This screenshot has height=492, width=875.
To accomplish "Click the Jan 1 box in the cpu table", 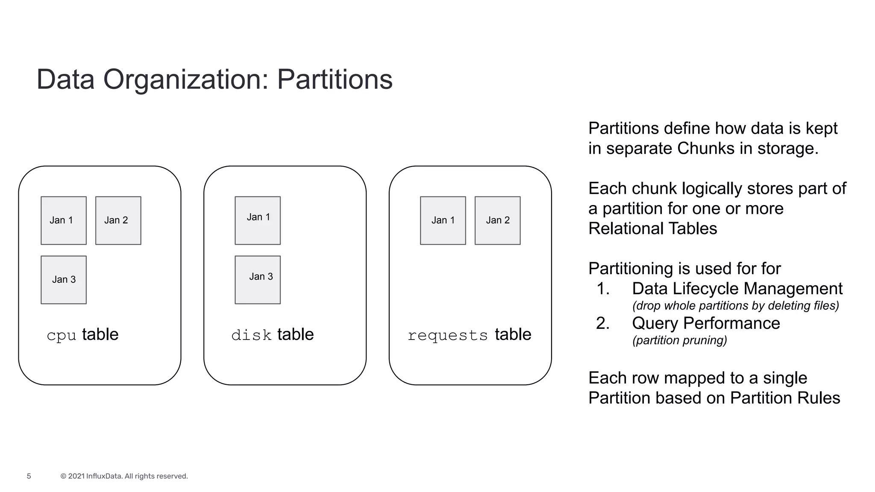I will coord(63,220).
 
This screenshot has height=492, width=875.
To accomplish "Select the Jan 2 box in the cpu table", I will coord(118,220).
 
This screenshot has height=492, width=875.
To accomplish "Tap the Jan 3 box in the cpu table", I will coord(63,280).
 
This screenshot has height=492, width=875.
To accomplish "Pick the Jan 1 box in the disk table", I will coord(258,220).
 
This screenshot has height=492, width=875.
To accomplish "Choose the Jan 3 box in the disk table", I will coord(258,280).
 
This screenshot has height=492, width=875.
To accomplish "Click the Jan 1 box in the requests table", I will coord(443,220).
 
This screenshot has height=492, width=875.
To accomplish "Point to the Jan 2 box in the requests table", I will coord(497,220).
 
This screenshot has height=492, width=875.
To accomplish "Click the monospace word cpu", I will coord(61,336).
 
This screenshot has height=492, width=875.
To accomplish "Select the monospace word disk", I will coord(251,335).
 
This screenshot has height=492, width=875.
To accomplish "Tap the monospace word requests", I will coord(447,336).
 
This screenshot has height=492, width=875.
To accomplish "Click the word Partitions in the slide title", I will coord(335,79).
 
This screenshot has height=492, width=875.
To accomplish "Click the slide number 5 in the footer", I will coord(29,476).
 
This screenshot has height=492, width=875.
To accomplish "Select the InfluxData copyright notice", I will coord(124,476).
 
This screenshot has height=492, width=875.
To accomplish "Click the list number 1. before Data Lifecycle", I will coord(603,289).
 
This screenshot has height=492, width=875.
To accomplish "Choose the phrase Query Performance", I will coord(706,323).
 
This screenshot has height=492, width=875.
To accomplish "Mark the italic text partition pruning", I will coord(679,340).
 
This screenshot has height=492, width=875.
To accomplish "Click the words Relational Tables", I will coord(652,228).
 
